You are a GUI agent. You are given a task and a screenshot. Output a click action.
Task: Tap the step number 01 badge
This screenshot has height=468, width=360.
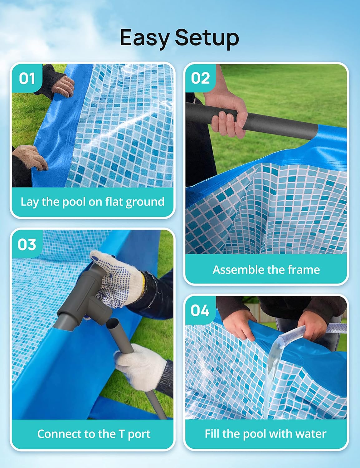click(x=27, y=78)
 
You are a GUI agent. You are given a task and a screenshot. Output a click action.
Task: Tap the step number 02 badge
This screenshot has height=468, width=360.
click(x=200, y=78)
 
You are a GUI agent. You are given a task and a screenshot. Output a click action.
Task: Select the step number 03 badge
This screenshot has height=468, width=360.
click(x=27, y=244)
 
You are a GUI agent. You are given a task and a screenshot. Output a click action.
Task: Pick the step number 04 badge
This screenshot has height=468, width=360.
click(x=200, y=310)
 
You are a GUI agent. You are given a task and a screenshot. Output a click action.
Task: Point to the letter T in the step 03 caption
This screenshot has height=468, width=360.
click(x=122, y=434)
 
